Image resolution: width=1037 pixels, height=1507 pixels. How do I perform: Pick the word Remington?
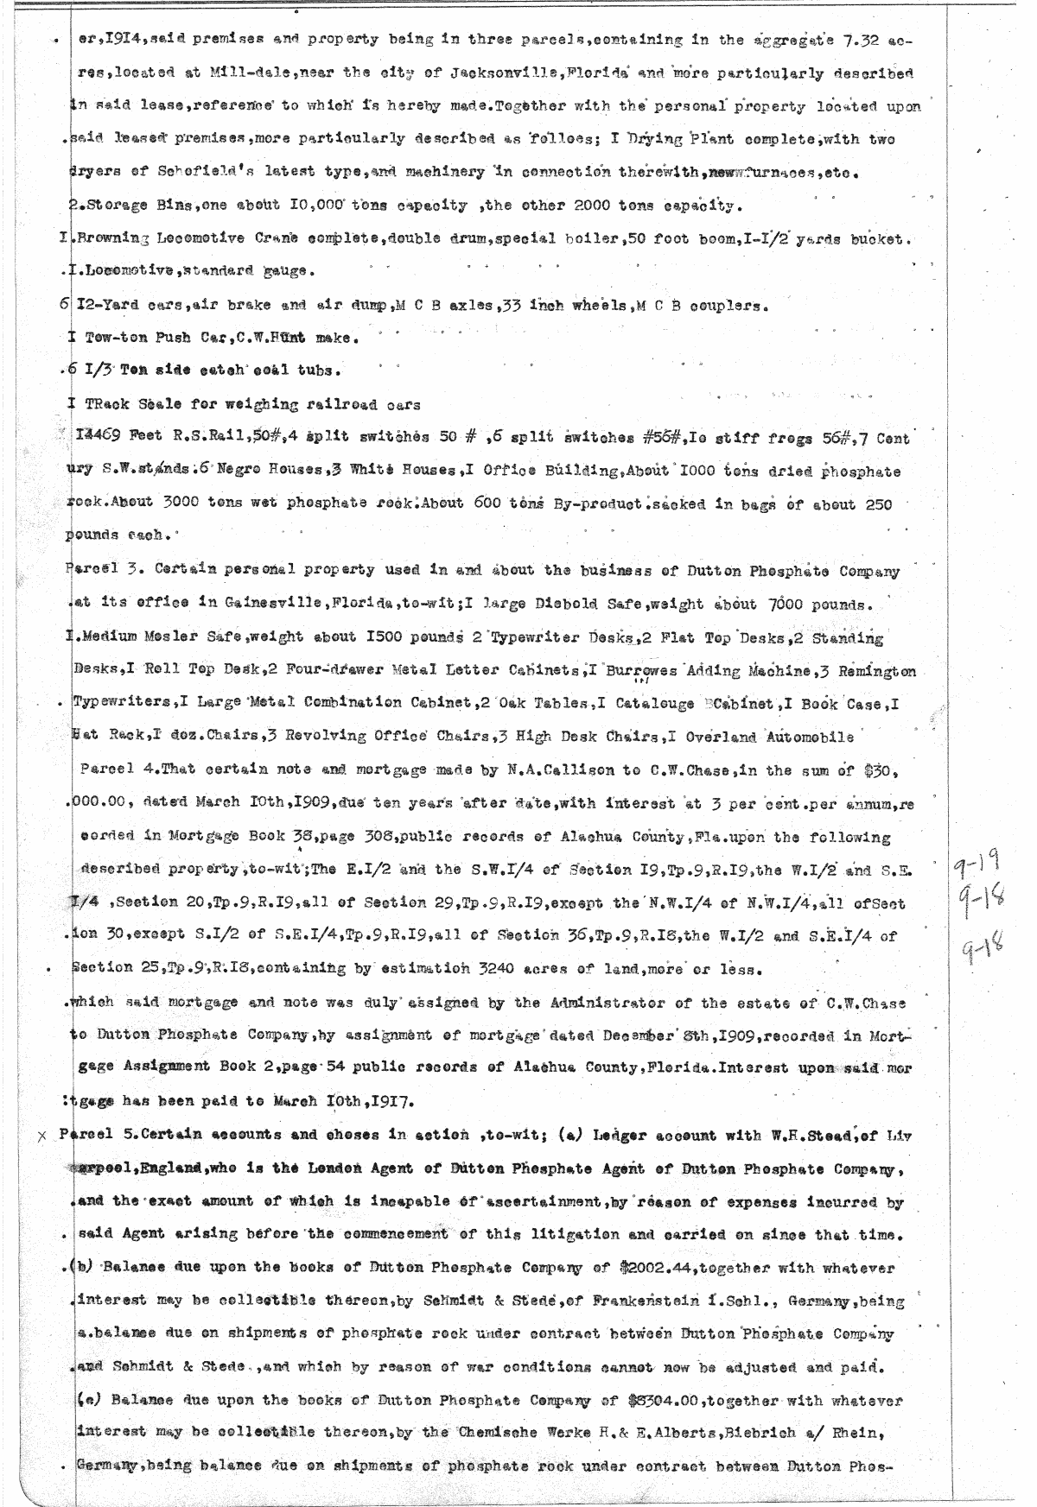click(877, 671)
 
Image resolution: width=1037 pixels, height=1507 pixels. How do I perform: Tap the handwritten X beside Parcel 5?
click(42, 1137)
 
